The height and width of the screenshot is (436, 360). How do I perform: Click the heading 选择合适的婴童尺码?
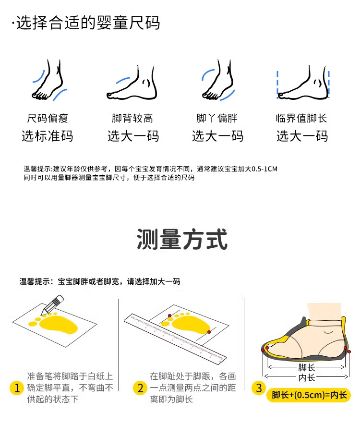click(88, 23)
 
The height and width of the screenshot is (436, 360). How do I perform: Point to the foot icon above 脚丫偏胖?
click(218, 80)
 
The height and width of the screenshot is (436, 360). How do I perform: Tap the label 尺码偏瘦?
click(48, 118)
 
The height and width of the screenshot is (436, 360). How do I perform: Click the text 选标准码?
click(48, 136)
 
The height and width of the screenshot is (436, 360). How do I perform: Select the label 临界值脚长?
click(301, 118)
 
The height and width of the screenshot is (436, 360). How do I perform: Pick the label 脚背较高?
click(132, 118)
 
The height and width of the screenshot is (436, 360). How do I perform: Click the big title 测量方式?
click(182, 239)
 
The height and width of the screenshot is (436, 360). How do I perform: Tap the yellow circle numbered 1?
click(17, 388)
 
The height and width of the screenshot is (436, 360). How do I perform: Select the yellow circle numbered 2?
click(140, 388)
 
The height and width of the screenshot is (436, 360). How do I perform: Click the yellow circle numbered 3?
click(259, 388)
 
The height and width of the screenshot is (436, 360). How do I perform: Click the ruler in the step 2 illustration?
click(175, 338)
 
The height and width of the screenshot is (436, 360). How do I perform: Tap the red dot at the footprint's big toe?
click(169, 315)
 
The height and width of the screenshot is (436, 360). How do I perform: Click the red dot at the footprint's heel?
click(209, 332)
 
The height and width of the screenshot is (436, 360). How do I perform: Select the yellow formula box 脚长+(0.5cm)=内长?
click(309, 395)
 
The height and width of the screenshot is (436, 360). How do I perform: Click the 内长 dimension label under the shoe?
click(307, 377)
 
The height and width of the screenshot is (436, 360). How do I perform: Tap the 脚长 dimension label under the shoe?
click(307, 367)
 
